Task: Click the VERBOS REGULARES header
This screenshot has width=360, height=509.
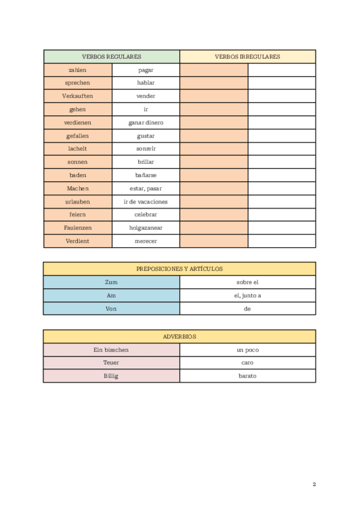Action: [112, 57]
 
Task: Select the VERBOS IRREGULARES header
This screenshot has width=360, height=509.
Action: [247, 57]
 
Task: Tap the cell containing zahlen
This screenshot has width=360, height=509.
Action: [77, 70]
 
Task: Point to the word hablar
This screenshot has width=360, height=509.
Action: [146, 83]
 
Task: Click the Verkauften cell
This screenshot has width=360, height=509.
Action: [77, 96]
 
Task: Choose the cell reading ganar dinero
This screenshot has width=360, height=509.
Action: [146, 122]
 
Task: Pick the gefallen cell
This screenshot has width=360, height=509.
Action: [77, 136]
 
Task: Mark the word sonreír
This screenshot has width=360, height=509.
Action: [146, 149]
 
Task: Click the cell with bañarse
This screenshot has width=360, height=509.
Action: [146, 175]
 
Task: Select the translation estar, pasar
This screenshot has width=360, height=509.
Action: [146, 188]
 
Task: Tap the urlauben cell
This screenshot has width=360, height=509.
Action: [77, 202]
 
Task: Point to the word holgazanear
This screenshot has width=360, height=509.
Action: [146, 228]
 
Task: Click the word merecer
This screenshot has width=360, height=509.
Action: [146, 241]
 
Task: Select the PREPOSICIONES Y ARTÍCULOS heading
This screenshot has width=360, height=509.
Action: [179, 269]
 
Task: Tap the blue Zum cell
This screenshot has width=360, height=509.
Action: [111, 282]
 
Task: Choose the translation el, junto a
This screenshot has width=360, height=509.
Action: [247, 295]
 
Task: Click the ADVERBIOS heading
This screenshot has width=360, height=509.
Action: [179, 337]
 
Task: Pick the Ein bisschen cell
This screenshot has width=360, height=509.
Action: [111, 350]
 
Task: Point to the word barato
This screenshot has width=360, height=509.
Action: [247, 376]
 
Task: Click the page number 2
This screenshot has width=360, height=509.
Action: [314, 484]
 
